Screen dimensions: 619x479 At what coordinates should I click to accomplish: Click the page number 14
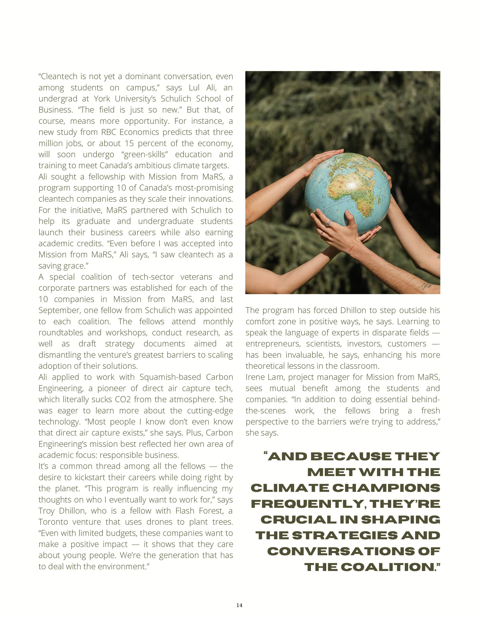[x=239, y=605]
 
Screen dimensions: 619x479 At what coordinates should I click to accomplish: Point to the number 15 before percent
[x=129, y=144]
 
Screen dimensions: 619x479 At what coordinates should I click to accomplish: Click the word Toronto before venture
[x=53, y=522]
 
